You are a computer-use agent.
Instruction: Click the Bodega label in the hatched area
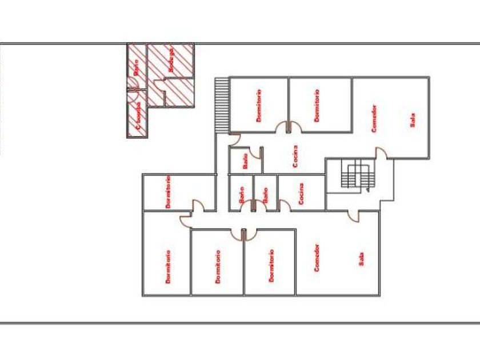click(x=170, y=60)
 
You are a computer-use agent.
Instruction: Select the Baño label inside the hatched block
click(x=136, y=68)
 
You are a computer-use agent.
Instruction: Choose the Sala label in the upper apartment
click(x=413, y=119)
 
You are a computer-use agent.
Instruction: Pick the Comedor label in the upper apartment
click(x=374, y=118)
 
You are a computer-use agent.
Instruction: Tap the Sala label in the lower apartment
click(x=361, y=259)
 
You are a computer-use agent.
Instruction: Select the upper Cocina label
click(x=295, y=155)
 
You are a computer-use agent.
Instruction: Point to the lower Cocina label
click(x=301, y=193)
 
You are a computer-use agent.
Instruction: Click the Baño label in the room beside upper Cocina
click(x=245, y=162)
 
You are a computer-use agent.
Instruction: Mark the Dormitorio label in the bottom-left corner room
click(x=169, y=266)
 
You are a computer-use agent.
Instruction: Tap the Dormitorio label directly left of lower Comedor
click(x=271, y=266)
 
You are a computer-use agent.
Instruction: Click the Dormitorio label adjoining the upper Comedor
click(x=317, y=106)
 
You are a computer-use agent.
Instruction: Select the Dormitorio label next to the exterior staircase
click(x=259, y=106)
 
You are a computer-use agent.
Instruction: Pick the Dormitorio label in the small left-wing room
click(x=169, y=191)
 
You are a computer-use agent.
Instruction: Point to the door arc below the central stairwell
click(x=353, y=215)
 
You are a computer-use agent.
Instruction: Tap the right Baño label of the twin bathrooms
click(x=265, y=195)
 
